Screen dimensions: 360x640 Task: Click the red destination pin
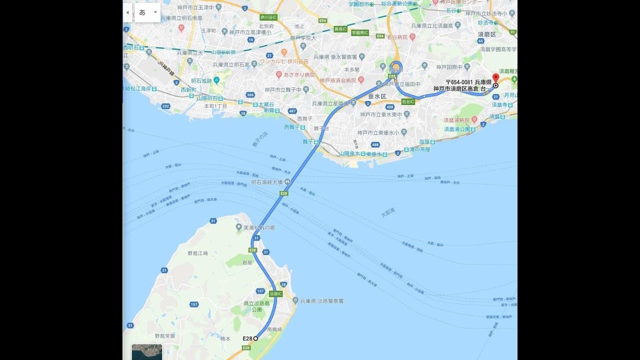tap(495, 78)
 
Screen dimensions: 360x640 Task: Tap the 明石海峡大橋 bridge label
tap(267, 182)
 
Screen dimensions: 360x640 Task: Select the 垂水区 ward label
tap(377, 95)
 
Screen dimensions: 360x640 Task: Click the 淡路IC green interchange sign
tap(276, 293)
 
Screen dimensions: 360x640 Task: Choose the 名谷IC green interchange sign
tap(408, 101)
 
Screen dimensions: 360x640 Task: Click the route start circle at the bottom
tap(255, 338)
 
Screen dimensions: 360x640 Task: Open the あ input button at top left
tap(142, 12)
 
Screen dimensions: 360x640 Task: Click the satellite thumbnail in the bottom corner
tap(147, 351)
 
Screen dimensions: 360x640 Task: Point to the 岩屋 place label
tap(247, 262)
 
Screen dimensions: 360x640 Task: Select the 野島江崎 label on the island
tap(197, 253)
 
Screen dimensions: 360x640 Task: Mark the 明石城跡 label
tap(201, 80)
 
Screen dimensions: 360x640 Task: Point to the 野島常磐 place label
tap(165, 336)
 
